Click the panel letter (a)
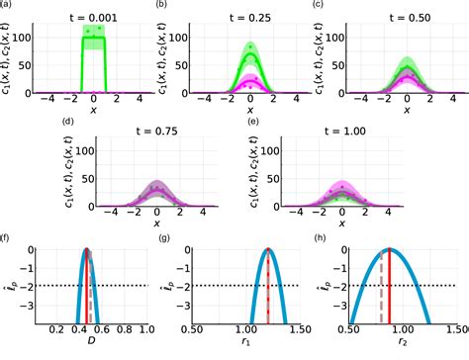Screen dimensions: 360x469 click(8, 6)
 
